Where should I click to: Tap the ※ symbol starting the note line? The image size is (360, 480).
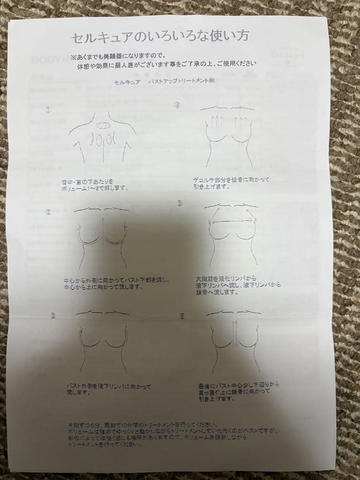[73, 56]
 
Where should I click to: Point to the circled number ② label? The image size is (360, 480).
[48, 212]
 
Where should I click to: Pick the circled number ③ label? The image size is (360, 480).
[52, 316]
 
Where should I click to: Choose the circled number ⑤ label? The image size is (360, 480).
[180, 203]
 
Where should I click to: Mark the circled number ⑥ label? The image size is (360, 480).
[181, 316]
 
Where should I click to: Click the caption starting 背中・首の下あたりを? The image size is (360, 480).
[95, 184]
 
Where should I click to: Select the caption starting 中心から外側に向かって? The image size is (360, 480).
[116, 284]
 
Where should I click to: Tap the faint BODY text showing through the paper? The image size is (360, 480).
[49, 60]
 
